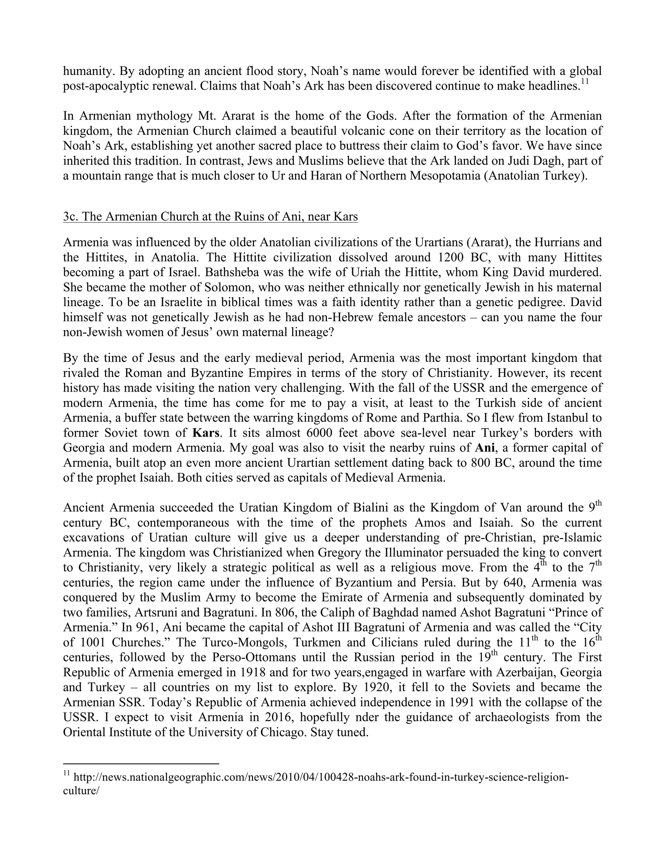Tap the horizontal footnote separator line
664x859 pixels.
tap(140, 764)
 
